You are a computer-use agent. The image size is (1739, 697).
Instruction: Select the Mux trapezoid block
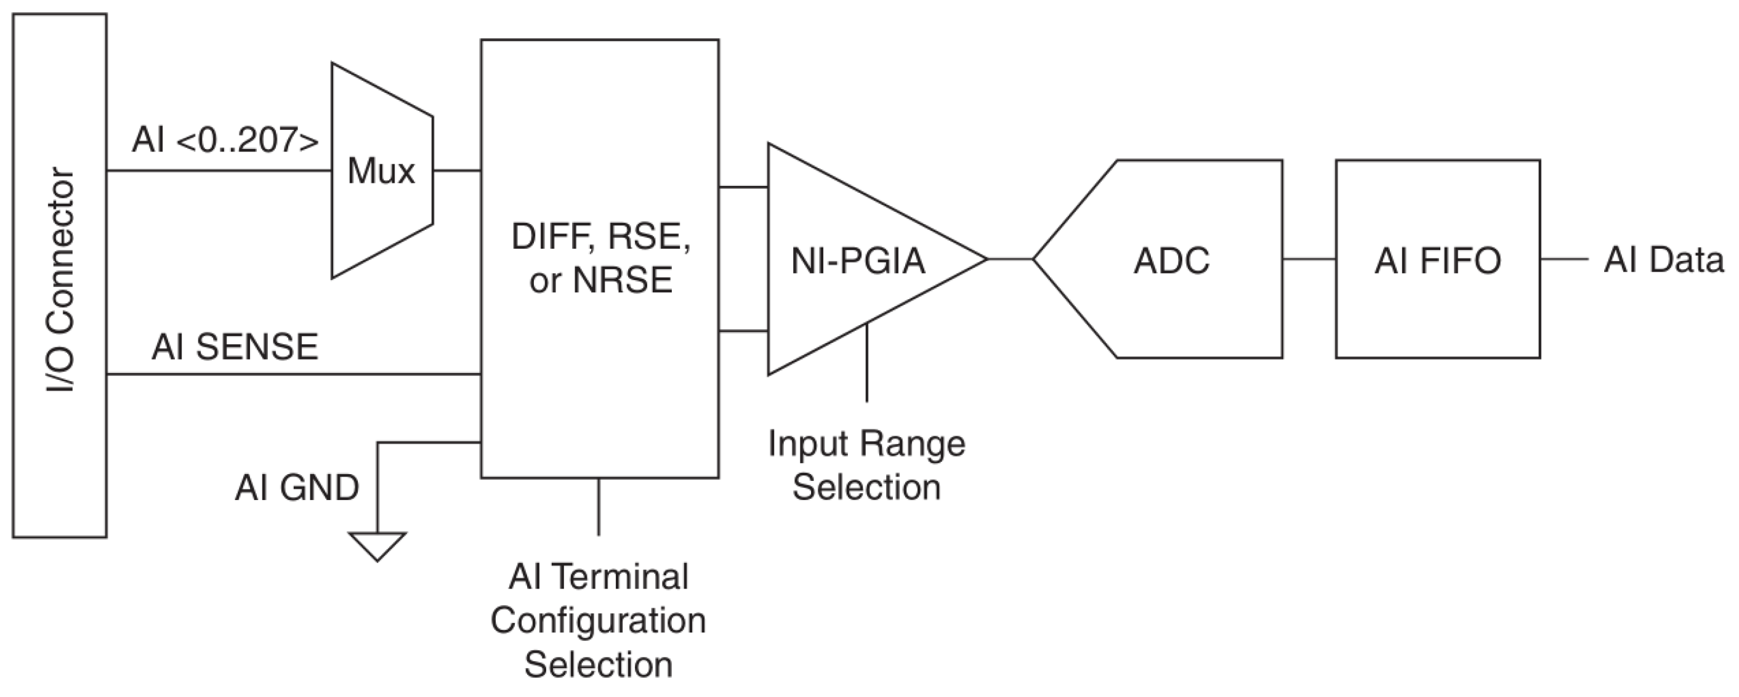[381, 171]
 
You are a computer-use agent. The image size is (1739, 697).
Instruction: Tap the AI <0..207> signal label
[225, 141]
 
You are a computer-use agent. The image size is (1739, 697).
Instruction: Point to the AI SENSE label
[234, 347]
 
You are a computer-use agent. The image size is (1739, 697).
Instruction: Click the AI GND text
[296, 487]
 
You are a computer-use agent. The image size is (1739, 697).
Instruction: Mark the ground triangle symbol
[377, 544]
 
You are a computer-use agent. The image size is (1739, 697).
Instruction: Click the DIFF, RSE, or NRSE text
[600, 258]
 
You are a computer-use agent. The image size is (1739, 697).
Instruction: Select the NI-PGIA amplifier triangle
[857, 260]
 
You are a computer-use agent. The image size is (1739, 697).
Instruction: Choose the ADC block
[1171, 260]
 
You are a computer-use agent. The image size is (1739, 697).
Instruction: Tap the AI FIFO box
[1437, 259]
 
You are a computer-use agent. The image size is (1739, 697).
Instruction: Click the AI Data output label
[1663, 260]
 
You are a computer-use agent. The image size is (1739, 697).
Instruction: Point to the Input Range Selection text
[867, 465]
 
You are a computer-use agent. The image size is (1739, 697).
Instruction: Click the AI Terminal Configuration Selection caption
[598, 620]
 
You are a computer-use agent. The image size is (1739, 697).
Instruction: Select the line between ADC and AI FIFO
[1309, 259]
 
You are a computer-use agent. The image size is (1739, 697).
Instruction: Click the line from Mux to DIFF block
[456, 171]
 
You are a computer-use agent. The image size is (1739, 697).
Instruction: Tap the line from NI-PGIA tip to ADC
[1010, 259]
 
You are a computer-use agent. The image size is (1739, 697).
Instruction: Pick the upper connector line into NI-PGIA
[743, 187]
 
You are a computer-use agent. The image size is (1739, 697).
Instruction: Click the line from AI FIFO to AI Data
[1563, 259]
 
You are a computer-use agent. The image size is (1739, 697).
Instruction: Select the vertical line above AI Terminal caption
[598, 506]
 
